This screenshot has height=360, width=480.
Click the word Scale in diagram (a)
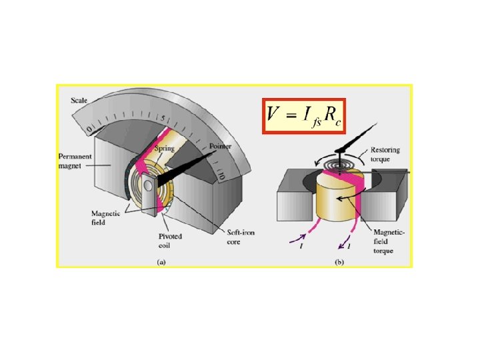pos(80,101)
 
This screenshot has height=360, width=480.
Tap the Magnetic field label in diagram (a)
pos(105,216)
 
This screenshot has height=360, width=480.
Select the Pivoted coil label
pos(170,239)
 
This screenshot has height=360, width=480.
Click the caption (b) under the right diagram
pos(339,263)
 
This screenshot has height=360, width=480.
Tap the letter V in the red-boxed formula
pos(273,115)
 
